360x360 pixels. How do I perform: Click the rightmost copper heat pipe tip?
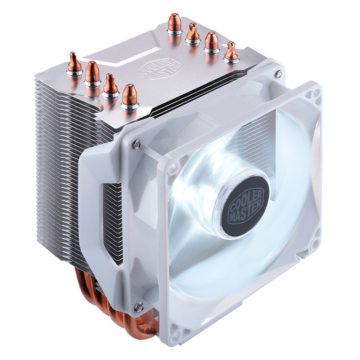click(231, 51)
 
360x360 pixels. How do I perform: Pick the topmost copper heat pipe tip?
click(175, 22)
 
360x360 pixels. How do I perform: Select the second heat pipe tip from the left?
click(93, 72)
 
